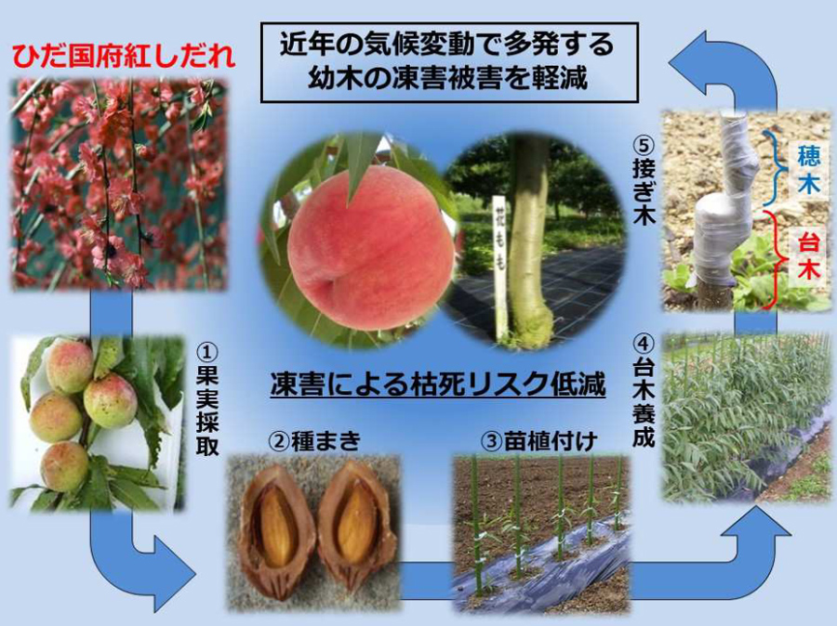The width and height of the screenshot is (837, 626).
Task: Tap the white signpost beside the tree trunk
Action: coord(498,265)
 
